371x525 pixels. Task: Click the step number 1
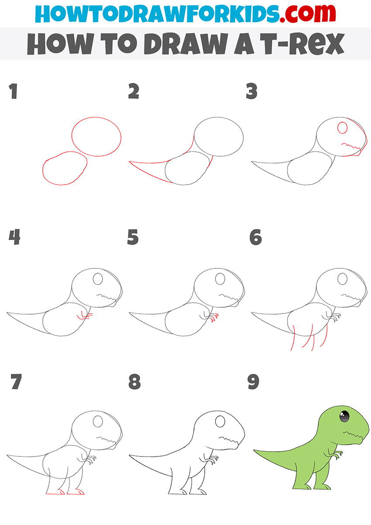point(13,92)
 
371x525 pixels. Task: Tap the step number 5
point(133,237)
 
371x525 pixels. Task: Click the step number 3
point(252,92)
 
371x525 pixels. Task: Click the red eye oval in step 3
point(342,128)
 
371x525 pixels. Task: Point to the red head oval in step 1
point(96,137)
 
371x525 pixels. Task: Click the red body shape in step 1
point(65,168)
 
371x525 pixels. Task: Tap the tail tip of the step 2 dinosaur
point(130,162)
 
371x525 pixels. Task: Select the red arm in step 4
point(84,316)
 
